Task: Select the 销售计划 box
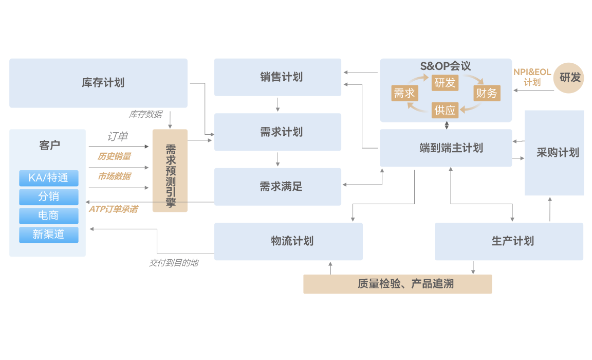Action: tap(277, 77)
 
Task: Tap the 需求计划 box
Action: tap(277, 132)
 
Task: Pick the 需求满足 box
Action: tap(277, 187)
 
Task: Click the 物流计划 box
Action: tap(288, 241)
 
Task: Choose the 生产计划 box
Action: tap(509, 241)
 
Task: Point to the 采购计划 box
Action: tap(554, 153)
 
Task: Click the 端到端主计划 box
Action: tap(446, 148)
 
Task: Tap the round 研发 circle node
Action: tap(570, 78)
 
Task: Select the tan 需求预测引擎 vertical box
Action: tap(170, 171)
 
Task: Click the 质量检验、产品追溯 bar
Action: tap(397, 284)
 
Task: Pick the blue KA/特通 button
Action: tap(49, 178)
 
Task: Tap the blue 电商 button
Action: tap(49, 215)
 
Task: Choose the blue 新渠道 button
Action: tap(49, 235)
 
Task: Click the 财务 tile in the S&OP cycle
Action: tap(486, 93)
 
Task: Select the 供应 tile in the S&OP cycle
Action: tap(445, 110)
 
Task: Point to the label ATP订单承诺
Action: tap(113, 209)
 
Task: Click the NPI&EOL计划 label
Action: tap(532, 77)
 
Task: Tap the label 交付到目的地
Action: tap(173, 263)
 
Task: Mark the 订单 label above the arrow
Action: tap(118, 137)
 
